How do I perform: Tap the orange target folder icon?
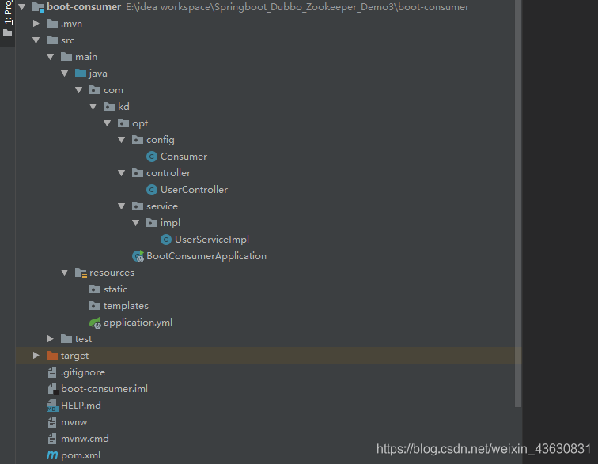(x=52, y=356)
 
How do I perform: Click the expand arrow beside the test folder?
(x=51, y=338)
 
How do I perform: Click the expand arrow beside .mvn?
(x=36, y=23)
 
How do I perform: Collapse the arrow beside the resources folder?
(x=64, y=273)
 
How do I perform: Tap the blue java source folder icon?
(x=81, y=74)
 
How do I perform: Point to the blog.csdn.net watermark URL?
(x=483, y=449)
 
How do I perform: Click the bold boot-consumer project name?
(x=84, y=7)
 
